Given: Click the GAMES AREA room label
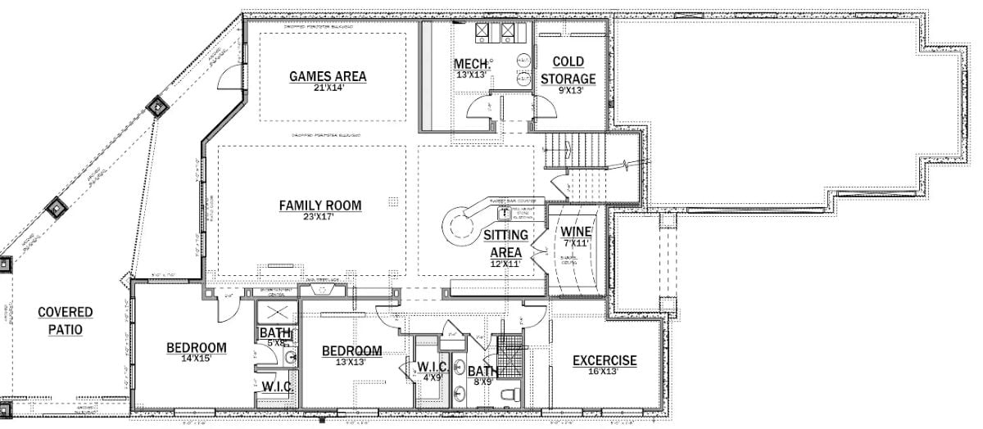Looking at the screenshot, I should pos(328,77).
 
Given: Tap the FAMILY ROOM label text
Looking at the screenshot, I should pos(319,205).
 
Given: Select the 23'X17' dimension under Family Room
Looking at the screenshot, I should pos(319,217).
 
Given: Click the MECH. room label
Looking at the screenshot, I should pos(473,64).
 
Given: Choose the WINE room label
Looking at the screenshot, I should pos(576,231).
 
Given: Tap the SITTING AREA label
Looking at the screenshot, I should pos(505,244).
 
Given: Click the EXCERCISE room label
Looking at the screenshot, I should pos(605,360).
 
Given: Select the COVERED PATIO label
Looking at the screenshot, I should pos(66,321).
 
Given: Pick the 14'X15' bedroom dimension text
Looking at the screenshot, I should pos(197,359).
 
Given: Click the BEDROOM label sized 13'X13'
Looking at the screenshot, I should pos(352,351).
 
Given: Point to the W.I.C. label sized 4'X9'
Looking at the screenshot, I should pos(431,366).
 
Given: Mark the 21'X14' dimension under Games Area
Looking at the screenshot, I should pos(328,88).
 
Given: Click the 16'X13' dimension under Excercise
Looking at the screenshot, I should pos(605,372).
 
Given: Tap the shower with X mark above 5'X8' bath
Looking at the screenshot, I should pos(274,314).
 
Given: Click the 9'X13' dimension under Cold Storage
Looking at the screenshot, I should pos(568,91).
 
